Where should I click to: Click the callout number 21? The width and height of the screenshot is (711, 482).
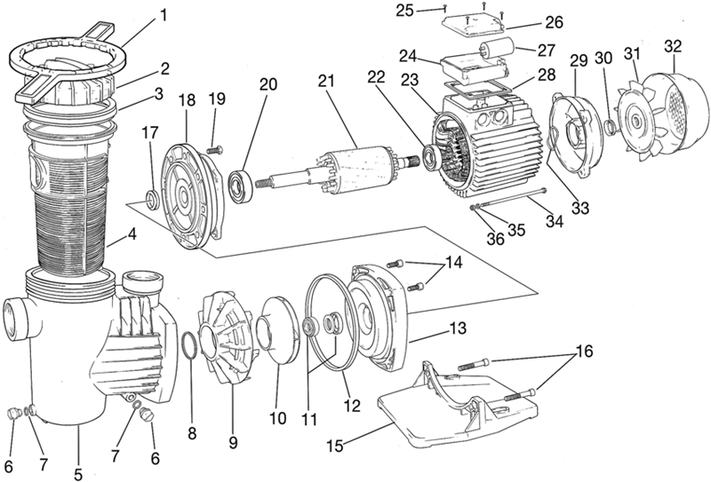pos(325,82)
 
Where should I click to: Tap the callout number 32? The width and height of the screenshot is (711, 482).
pos(674,47)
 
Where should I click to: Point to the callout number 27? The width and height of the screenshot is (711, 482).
pos(546,51)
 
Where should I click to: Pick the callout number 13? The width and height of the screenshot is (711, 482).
pos(457,328)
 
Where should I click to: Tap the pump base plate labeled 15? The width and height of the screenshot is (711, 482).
pos(458,403)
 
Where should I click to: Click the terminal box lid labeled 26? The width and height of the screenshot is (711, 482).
pos(473,27)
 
